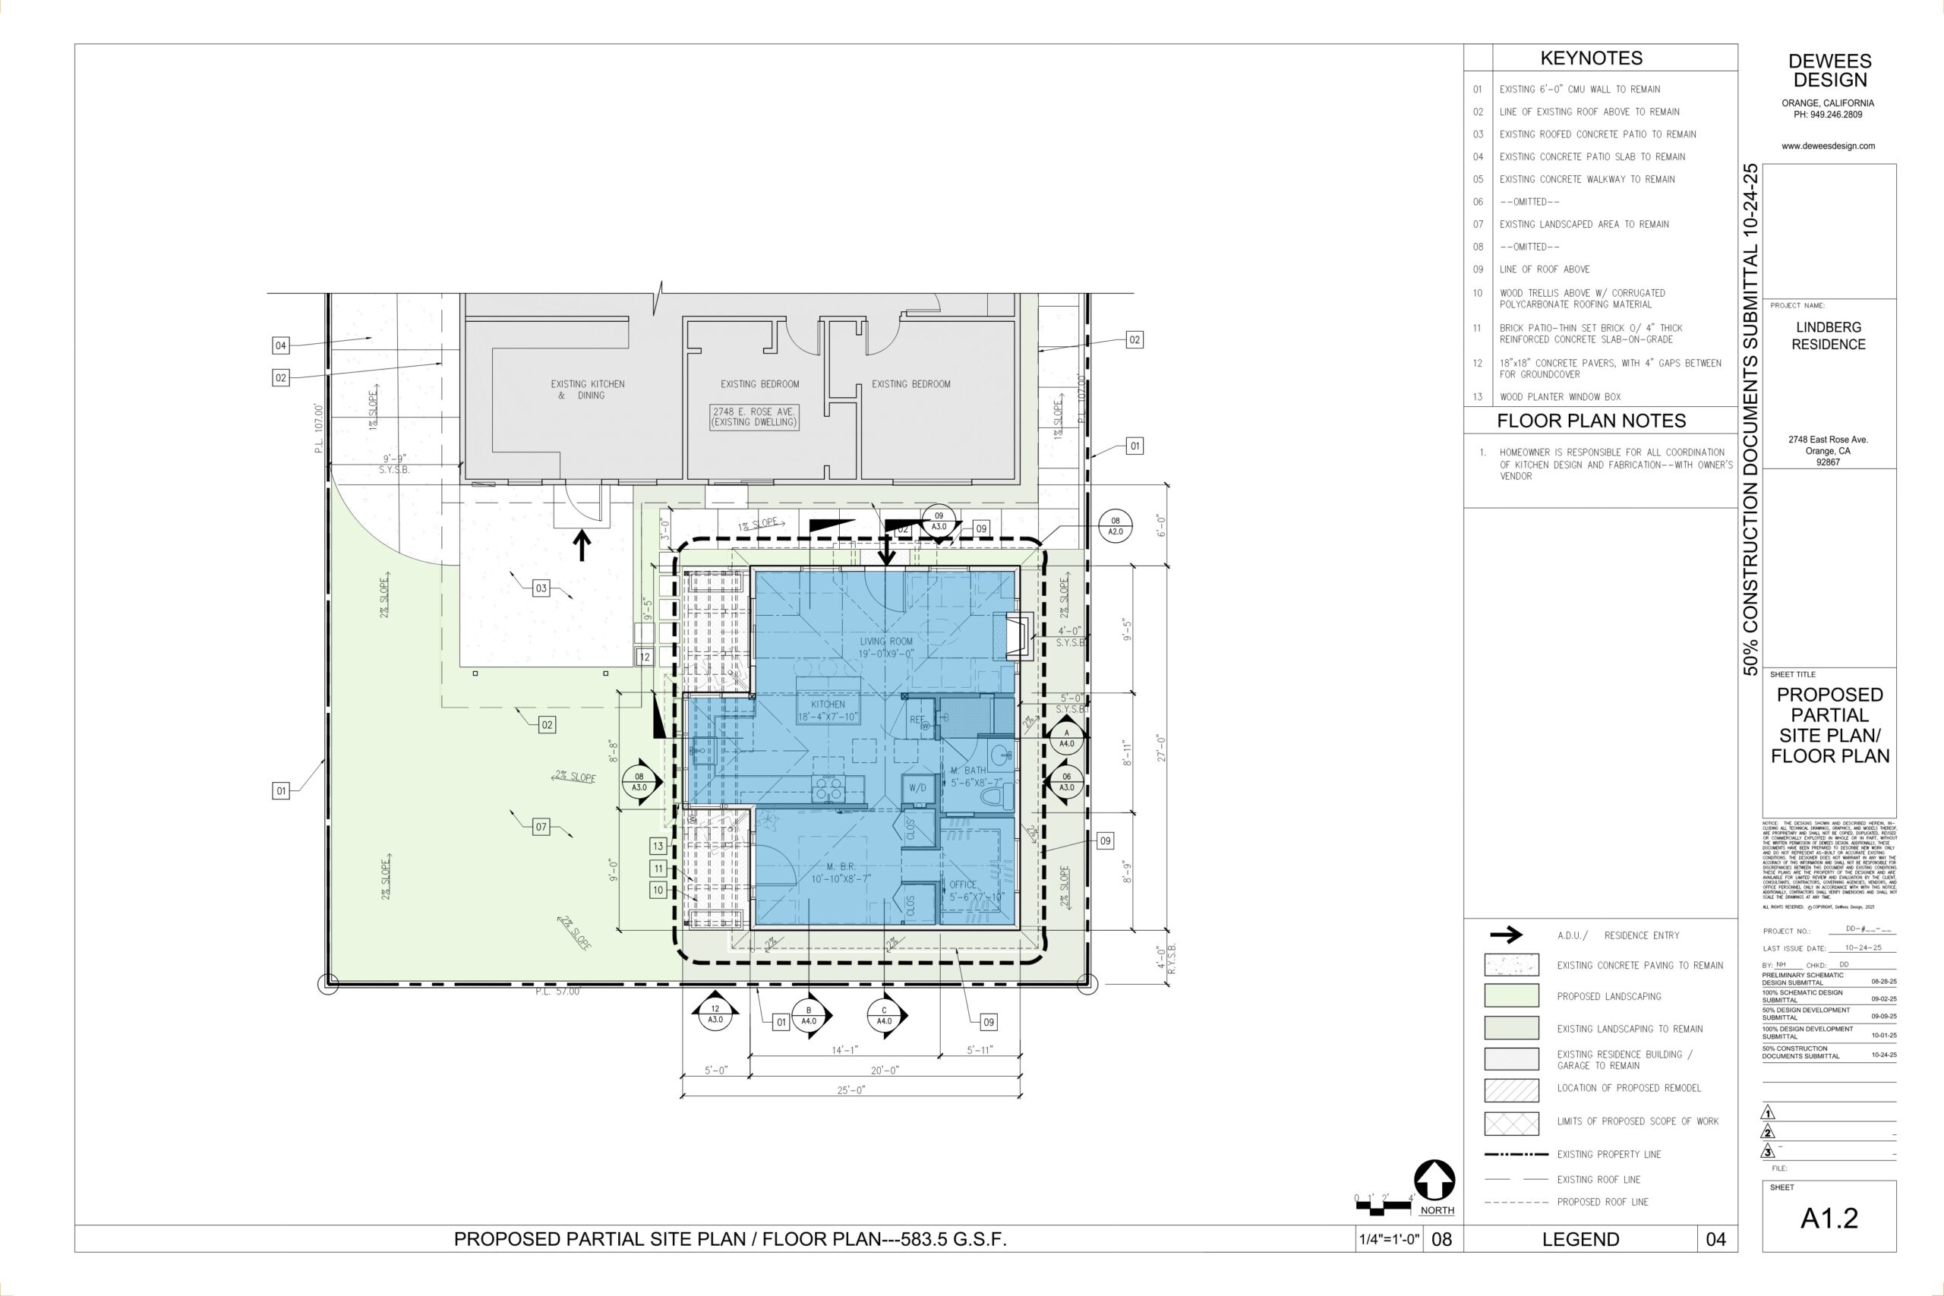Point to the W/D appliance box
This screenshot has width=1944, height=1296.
click(917, 787)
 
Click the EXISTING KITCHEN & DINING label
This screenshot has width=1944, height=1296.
click(588, 389)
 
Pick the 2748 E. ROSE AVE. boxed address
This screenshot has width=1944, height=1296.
click(755, 417)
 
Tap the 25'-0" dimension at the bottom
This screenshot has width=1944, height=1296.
click(850, 1090)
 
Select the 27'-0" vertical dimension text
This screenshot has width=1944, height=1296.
click(1160, 748)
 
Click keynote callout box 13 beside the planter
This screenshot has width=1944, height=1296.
click(658, 846)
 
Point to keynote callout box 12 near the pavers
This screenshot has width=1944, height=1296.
click(645, 657)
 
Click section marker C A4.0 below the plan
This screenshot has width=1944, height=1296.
click(885, 1015)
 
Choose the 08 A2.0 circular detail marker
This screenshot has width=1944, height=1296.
click(1115, 525)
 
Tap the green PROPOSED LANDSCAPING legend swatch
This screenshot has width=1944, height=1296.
click(1512, 996)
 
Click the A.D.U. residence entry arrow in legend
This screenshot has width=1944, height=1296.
click(1505, 935)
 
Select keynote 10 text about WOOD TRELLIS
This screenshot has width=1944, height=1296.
click(1582, 298)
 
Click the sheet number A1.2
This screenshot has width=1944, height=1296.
click(1829, 1219)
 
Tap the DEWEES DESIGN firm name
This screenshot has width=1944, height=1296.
click(1829, 71)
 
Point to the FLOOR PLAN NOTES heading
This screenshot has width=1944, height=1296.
click(1591, 421)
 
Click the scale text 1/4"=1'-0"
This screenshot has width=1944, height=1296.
click(1389, 1240)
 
